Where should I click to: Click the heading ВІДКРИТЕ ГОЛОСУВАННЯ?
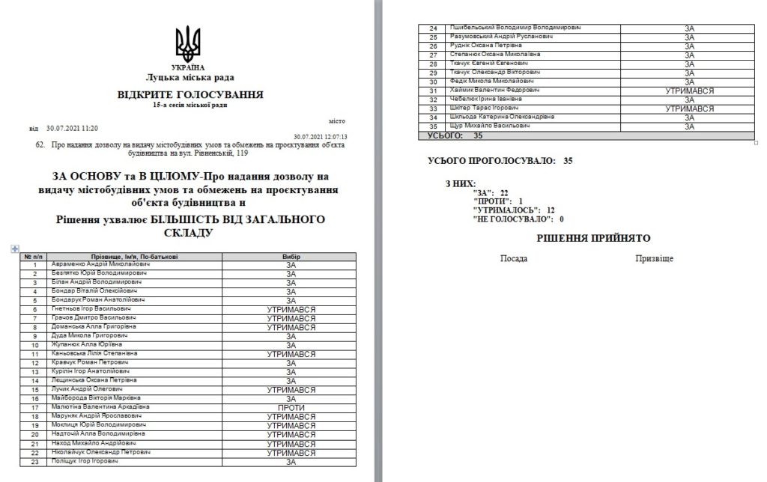(x=190, y=94)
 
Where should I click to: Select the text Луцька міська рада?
(x=190, y=77)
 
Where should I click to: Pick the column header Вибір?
(x=291, y=256)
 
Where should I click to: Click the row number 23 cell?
(x=34, y=462)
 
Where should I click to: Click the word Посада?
(x=513, y=258)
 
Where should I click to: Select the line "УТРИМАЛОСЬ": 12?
(x=508, y=210)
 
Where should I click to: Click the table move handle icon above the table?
(x=16, y=248)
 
